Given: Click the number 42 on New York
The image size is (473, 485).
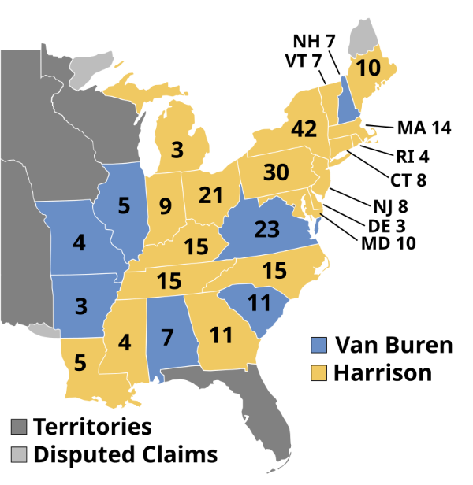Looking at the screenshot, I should coord(304,129).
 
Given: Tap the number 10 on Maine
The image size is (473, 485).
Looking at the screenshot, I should coord(367,68).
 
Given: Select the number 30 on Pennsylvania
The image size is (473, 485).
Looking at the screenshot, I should coord(276,172).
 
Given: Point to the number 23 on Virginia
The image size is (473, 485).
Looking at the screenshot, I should coord(266,229).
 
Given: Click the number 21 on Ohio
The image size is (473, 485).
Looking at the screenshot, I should coord(210,194).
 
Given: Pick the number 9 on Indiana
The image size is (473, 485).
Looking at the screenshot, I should coord(165,207).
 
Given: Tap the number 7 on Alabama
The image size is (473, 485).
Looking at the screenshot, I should coord(167,338).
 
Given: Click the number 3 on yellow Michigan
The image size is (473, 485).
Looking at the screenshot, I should coord(177,150).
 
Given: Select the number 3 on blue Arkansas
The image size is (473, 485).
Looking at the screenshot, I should coord(81,305).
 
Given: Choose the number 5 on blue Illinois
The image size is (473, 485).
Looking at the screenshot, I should coord(124,206).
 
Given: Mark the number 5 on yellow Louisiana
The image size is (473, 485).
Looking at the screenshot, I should coord(80,363).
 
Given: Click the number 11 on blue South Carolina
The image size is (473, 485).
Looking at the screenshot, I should coord(259,303).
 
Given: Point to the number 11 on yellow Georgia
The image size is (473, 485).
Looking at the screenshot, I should coord(221,335).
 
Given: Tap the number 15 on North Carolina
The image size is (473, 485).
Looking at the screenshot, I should coord(274,271).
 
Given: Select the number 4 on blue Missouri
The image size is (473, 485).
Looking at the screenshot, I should coord(79,242).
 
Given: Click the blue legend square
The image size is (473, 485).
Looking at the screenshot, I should coord(318,345).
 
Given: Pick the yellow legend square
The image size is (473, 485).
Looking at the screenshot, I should coord(318,372).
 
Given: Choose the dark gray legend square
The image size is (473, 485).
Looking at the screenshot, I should coord(19,427).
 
